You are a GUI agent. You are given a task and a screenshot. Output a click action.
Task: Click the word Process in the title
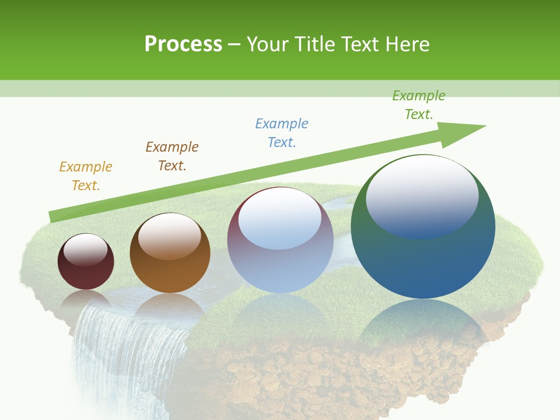(183, 44)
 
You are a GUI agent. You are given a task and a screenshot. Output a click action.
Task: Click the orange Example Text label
(86, 176)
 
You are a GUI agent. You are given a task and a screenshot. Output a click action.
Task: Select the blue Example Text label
(282, 133)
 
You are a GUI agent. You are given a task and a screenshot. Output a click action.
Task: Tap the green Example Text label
(419, 105)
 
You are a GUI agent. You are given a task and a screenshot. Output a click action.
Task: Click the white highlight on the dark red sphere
(85, 250)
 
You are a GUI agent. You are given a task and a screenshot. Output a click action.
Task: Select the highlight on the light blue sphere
(279, 219)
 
